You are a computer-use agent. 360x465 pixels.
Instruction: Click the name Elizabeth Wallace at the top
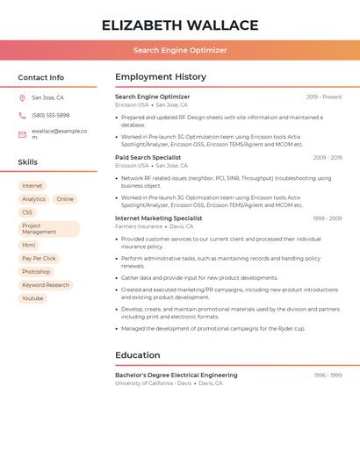pyautogui.click(x=180, y=25)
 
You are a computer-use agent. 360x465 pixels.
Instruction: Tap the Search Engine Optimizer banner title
pyautogui.click(x=180, y=50)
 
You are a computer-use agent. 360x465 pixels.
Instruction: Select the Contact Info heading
pyautogui.click(x=40, y=77)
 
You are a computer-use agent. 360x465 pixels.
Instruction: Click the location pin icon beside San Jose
pyautogui.click(x=22, y=98)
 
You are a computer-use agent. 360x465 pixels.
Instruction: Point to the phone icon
pyautogui.click(x=22, y=115)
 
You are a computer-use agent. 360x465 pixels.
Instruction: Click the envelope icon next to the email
pyautogui.click(x=22, y=134)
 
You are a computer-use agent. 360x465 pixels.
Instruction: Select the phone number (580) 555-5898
pyautogui.click(x=50, y=115)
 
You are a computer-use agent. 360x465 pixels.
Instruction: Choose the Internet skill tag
pyautogui.click(x=32, y=186)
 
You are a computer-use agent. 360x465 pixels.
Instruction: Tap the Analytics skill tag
pyautogui.click(x=33, y=199)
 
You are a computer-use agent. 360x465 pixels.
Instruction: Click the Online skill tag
pyautogui.click(x=65, y=199)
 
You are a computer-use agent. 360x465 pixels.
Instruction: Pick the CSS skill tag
pyautogui.click(x=27, y=212)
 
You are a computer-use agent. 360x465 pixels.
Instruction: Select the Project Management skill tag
pyautogui.click(x=48, y=229)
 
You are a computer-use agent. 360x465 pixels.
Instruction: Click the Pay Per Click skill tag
pyautogui.click(x=39, y=259)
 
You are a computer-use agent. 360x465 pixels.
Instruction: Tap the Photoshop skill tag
pyautogui.click(x=36, y=272)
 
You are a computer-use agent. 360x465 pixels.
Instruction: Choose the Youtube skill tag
pyautogui.click(x=32, y=298)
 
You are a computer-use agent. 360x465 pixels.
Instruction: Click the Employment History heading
pyautogui.click(x=161, y=77)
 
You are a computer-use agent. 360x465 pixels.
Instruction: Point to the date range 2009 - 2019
pyautogui.click(x=328, y=158)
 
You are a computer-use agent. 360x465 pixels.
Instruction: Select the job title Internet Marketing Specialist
pyautogui.click(x=158, y=218)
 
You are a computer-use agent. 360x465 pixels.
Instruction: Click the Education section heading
pyautogui.click(x=138, y=355)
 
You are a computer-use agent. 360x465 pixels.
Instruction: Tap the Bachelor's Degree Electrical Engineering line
pyautogui.click(x=176, y=375)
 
